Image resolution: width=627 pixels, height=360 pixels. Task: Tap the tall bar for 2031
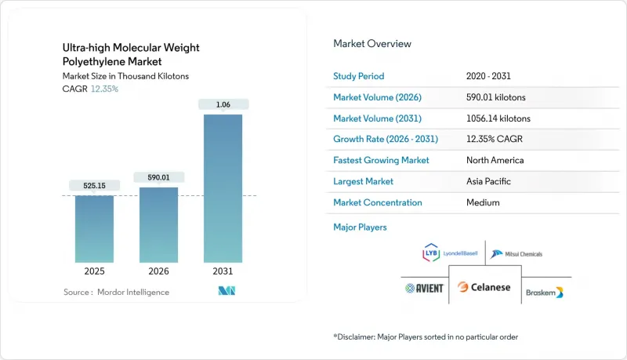223,188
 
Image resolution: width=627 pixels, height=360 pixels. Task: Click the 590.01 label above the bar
158,177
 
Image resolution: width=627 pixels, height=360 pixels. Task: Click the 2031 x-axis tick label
223,273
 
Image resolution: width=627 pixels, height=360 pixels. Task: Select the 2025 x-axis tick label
94,273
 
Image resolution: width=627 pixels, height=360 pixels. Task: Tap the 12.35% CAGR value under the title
104,89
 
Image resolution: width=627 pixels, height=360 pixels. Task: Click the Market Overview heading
371,44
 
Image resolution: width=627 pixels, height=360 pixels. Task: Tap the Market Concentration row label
378,202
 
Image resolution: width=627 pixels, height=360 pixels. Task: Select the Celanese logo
484,287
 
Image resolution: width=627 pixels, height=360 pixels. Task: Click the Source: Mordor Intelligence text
116,293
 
